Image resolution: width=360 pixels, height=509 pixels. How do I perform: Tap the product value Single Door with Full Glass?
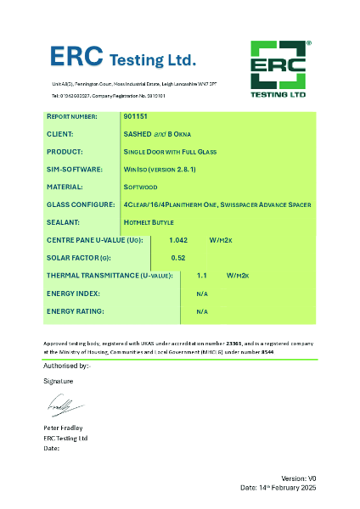click(170, 152)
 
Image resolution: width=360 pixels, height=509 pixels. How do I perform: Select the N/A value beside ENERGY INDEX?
click(202, 294)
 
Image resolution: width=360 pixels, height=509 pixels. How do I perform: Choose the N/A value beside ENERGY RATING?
click(202, 311)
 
